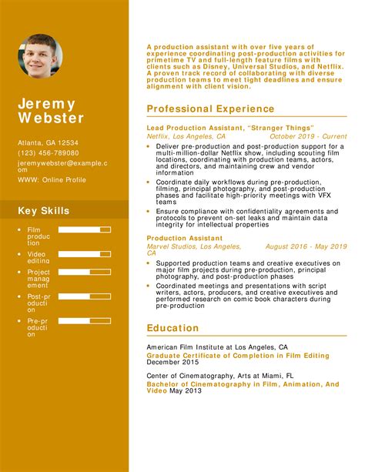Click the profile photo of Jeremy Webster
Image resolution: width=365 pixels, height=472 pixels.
pos(41,56)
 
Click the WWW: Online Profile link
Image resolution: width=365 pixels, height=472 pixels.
pos(52,179)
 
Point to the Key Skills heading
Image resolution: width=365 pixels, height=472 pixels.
pos(44,211)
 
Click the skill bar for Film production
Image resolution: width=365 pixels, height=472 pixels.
pos(85,229)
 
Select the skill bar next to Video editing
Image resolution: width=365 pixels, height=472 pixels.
pos(85,250)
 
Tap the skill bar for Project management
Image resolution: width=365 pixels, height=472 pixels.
pos(85,271)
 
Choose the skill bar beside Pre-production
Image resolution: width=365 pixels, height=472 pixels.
pos(85,320)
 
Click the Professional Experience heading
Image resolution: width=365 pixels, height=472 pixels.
pos(210,109)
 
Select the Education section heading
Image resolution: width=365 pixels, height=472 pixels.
pos(172,328)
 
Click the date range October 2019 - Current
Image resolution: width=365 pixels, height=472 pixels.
pos(308,136)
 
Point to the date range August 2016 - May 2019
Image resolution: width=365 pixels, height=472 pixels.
pos(306,246)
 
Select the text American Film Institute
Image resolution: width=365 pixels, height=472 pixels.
pos(183,347)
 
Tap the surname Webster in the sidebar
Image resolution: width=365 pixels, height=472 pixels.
pos(52,119)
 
